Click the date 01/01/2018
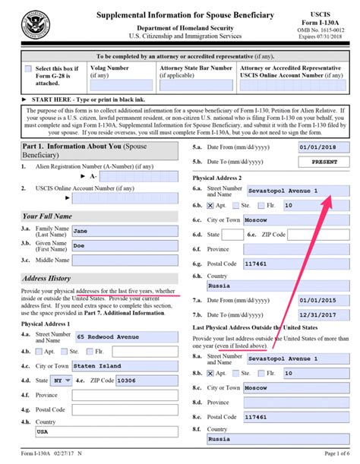click(308, 148)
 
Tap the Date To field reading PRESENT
click(308, 163)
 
